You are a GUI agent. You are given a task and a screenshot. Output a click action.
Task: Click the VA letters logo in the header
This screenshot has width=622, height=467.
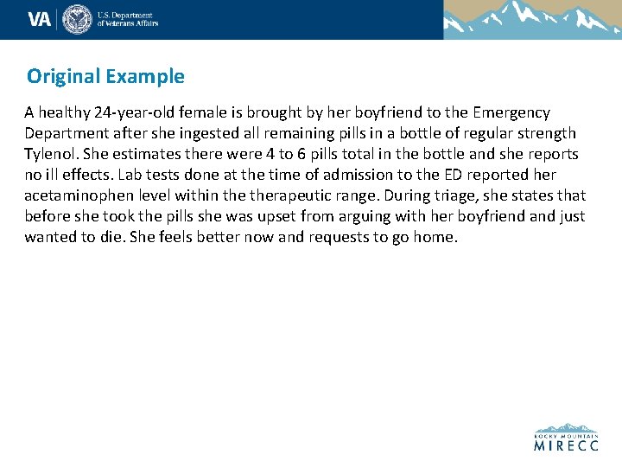tap(39, 19)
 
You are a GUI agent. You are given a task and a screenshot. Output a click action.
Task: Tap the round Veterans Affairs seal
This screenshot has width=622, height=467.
tap(78, 19)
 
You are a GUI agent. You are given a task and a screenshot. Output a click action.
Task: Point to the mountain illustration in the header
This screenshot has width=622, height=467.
tap(531, 19)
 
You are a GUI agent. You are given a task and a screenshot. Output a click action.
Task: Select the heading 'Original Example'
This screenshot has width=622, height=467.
tap(105, 76)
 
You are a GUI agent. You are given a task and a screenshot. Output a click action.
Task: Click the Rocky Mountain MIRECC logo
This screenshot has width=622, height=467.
tap(566, 438)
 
